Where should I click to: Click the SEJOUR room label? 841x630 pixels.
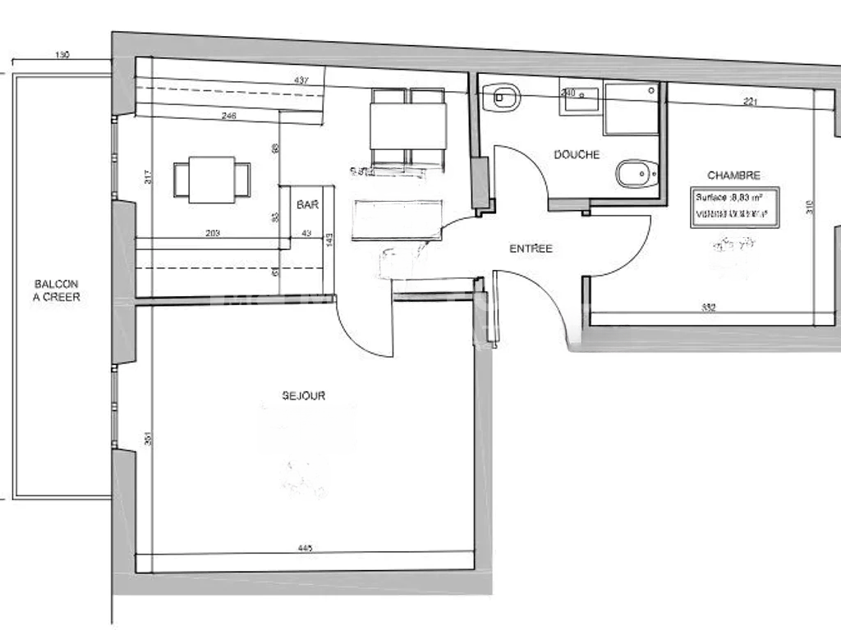pyautogui.click(x=304, y=395)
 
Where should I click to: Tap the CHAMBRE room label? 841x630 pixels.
pyautogui.click(x=733, y=175)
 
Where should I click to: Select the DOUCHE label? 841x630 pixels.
pyautogui.click(x=577, y=154)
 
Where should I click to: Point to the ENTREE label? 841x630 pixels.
pyautogui.click(x=531, y=249)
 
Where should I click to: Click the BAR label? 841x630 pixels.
pyautogui.click(x=308, y=205)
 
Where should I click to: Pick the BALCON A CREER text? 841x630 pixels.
pyautogui.click(x=57, y=290)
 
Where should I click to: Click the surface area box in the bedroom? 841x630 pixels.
pyautogui.click(x=733, y=207)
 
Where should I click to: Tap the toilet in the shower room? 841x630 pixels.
pyautogui.click(x=637, y=173)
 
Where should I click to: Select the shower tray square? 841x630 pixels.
pyautogui.click(x=631, y=108)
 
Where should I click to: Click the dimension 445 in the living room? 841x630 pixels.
pyautogui.click(x=306, y=548)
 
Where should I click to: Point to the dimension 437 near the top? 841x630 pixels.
pyautogui.click(x=301, y=80)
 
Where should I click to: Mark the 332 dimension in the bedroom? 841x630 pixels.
pyautogui.click(x=710, y=308)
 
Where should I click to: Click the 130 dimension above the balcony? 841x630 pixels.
pyautogui.click(x=62, y=56)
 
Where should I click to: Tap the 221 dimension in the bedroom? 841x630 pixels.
pyautogui.click(x=750, y=102)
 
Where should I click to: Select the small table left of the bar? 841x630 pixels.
pyautogui.click(x=211, y=180)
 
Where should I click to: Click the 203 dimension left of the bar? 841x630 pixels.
pyautogui.click(x=212, y=234)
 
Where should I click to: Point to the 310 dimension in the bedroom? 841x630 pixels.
pyautogui.click(x=809, y=207)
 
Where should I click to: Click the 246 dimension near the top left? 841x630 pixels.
pyautogui.click(x=229, y=116)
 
